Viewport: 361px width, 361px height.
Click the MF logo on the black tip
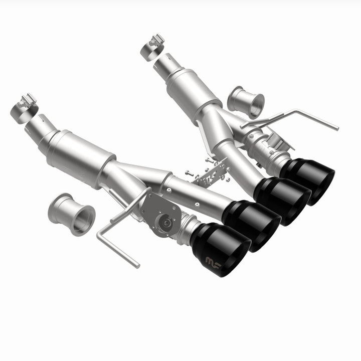tap(213, 260)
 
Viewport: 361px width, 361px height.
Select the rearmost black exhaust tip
tap(308, 179)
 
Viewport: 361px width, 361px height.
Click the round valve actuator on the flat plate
tap(163, 221)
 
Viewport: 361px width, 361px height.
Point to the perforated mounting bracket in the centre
tap(213, 173)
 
